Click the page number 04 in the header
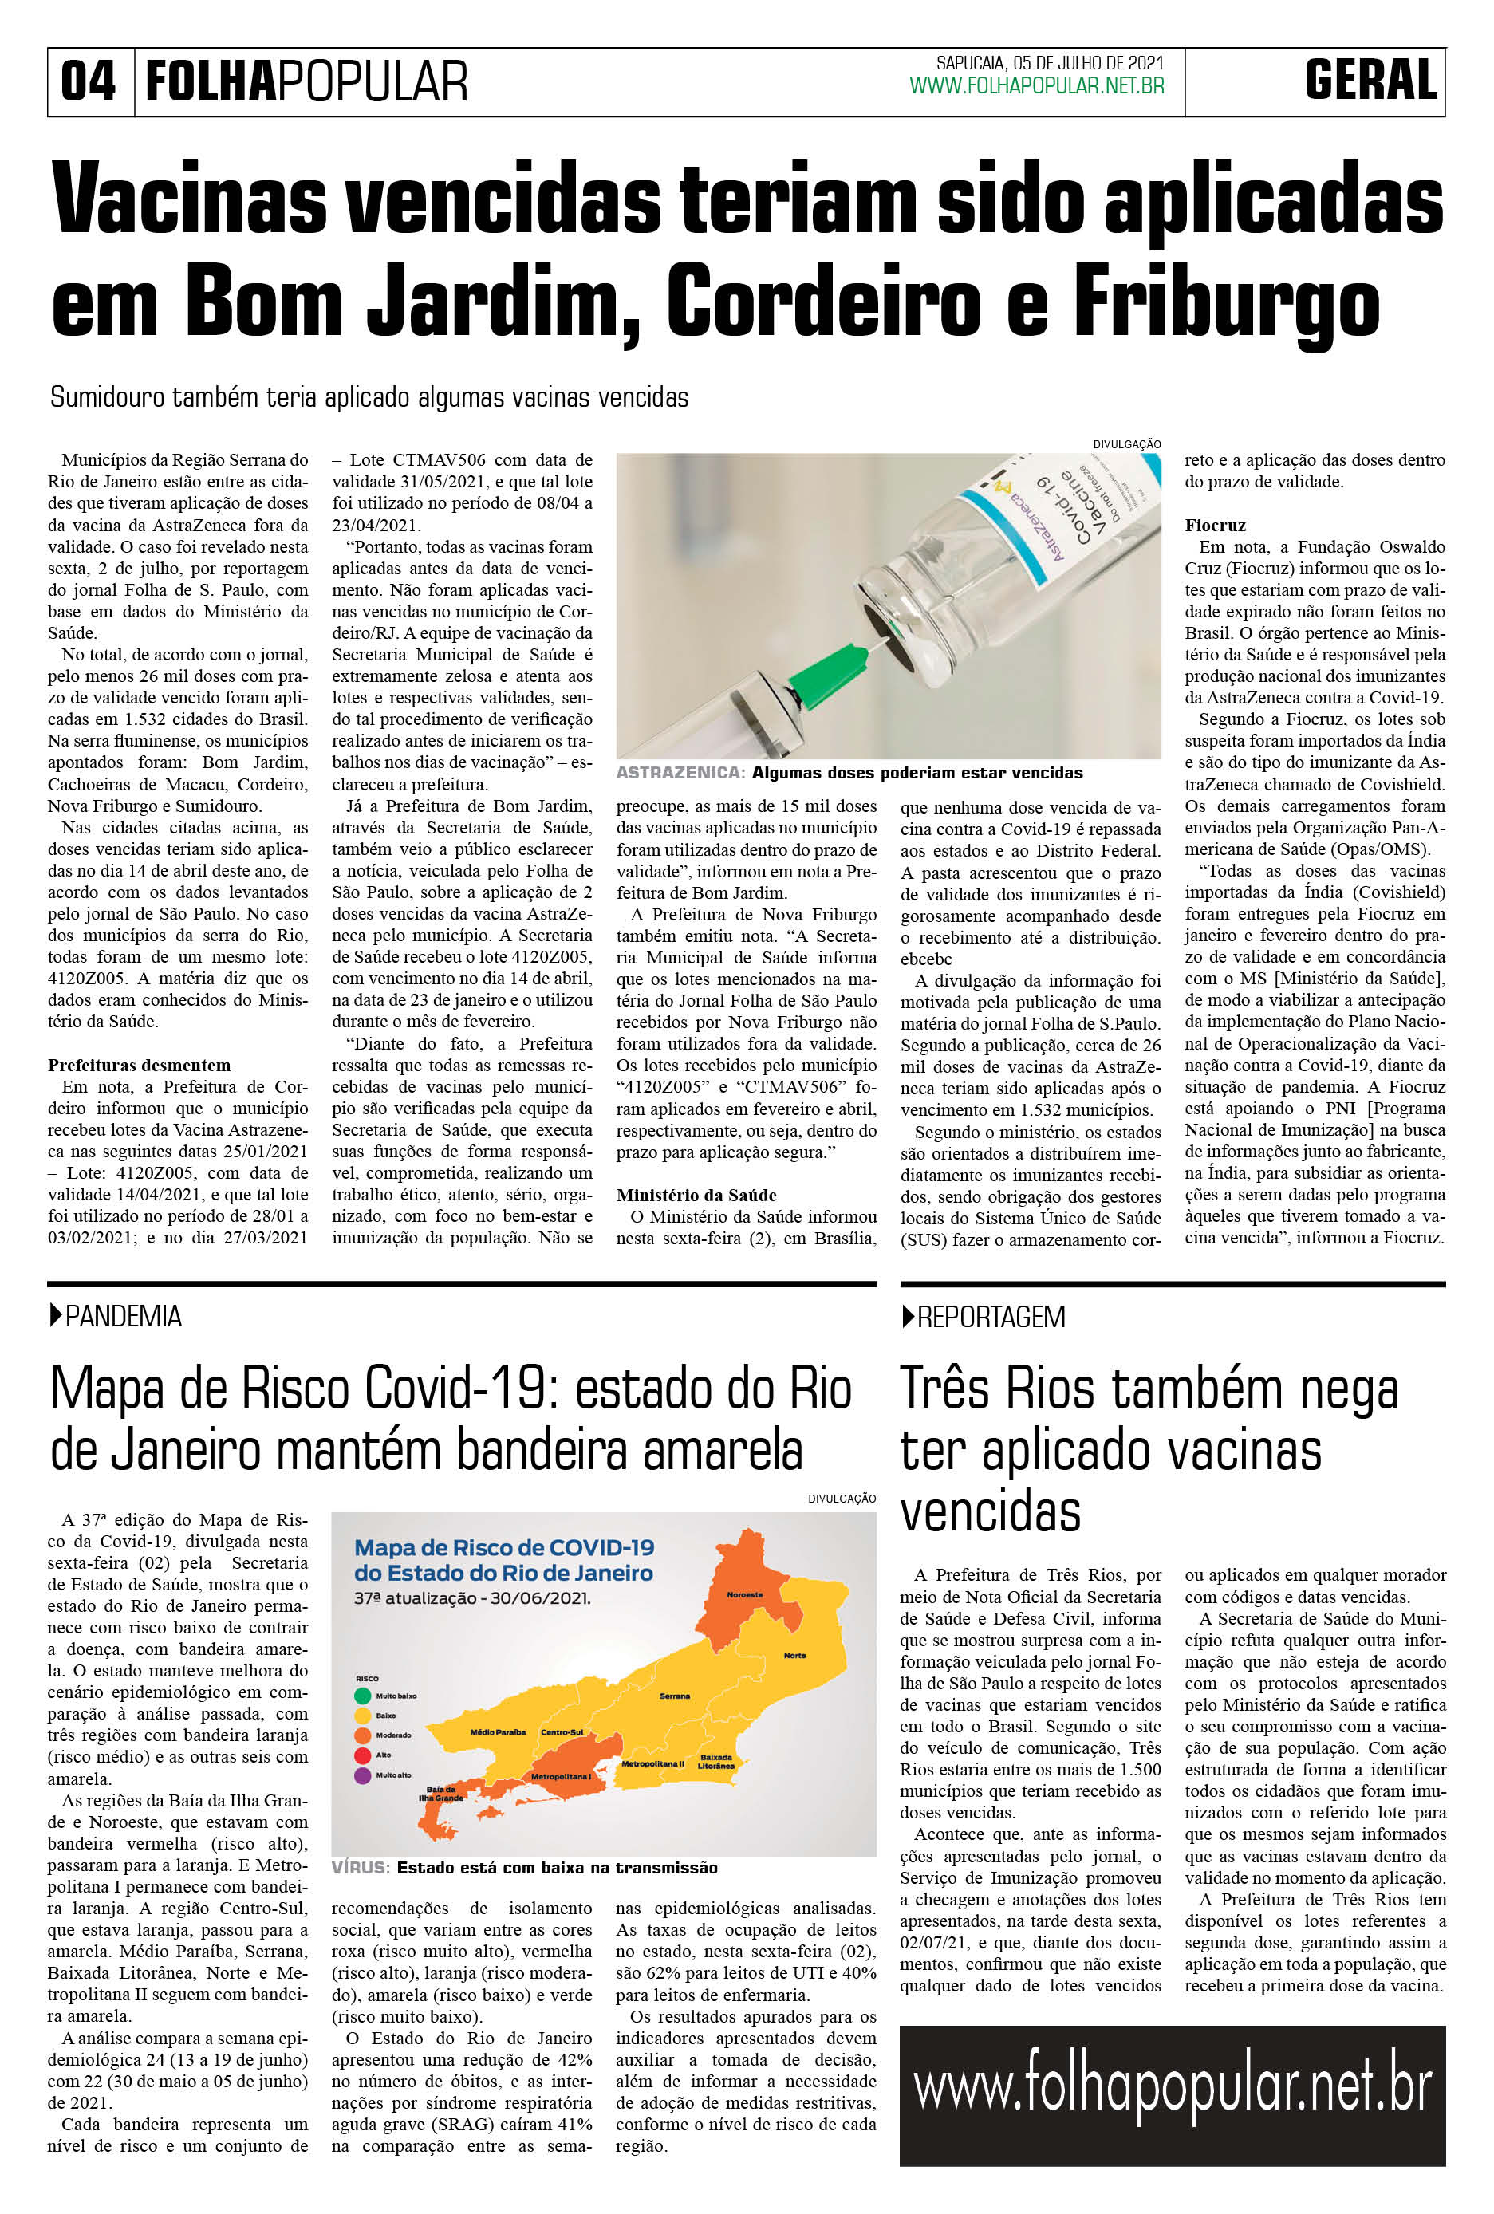89,81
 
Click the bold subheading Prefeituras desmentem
139,1065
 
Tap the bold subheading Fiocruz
1215,525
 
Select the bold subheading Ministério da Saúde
696,1195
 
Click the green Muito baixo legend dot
362,1696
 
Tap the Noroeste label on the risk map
744,1595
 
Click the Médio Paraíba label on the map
498,1732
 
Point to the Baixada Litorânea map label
715,1762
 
